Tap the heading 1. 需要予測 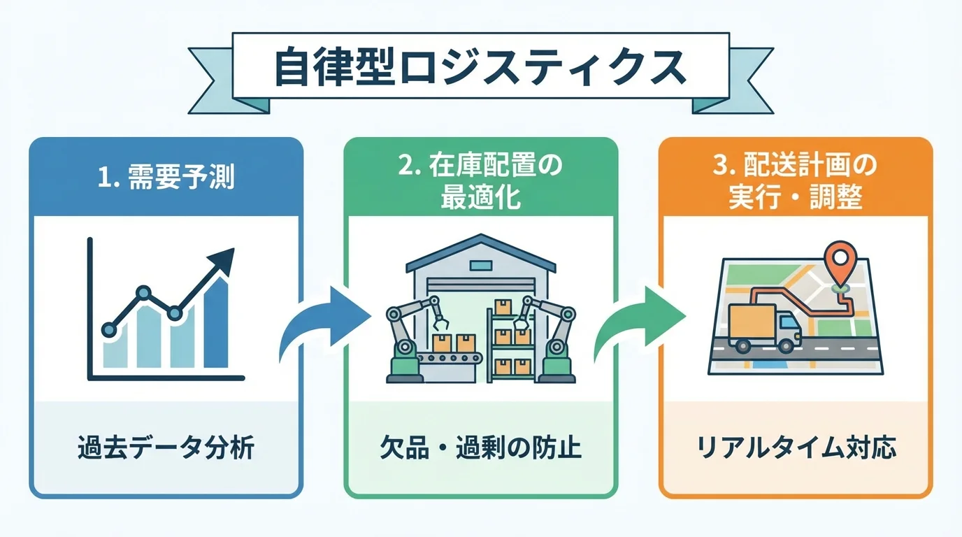[x=166, y=178]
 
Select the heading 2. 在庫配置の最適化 [x=480, y=182]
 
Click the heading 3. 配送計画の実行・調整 [x=795, y=182]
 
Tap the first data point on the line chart [x=108, y=328]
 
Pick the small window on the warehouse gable [x=480, y=266]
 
